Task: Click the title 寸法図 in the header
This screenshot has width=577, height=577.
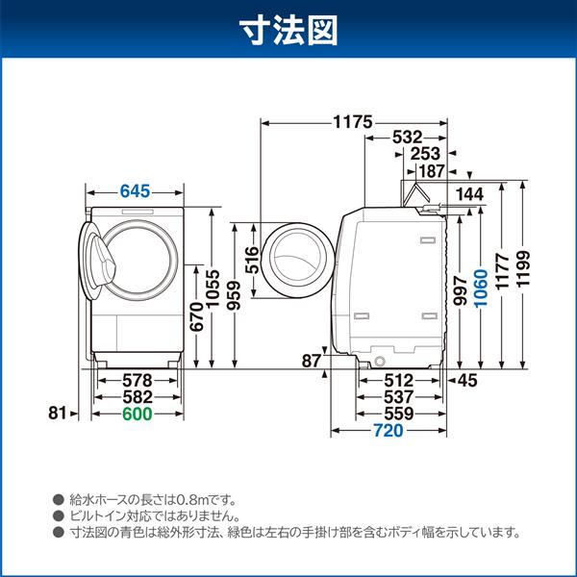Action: pyautogui.click(x=288, y=33)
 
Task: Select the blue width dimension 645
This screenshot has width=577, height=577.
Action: pyautogui.click(x=136, y=191)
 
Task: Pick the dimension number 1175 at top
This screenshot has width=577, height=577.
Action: pyautogui.click(x=352, y=122)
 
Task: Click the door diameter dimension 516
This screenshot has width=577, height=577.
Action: pyautogui.click(x=253, y=260)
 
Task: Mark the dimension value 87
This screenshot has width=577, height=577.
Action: pyautogui.click(x=310, y=361)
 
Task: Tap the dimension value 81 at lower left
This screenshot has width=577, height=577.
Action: pyautogui.click(x=58, y=414)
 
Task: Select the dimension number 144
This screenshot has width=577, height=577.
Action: pyautogui.click(x=470, y=195)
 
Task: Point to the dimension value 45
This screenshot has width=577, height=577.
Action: pyautogui.click(x=466, y=381)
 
